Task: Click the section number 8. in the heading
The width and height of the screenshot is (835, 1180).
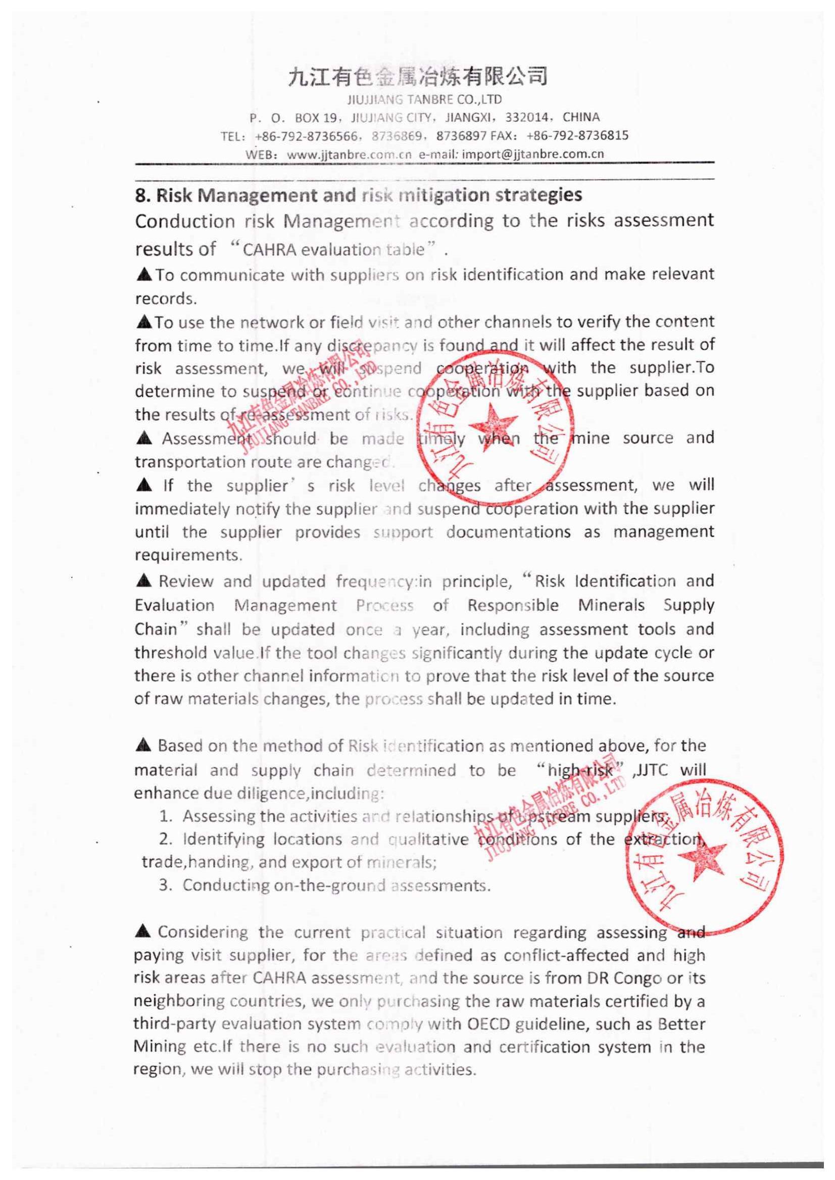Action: point(142,195)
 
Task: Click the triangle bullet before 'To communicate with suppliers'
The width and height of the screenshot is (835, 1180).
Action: point(144,275)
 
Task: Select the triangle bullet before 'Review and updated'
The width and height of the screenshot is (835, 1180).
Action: point(144,581)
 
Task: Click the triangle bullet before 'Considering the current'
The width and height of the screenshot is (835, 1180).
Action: point(144,932)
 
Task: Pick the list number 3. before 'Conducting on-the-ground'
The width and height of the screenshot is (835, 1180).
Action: point(165,886)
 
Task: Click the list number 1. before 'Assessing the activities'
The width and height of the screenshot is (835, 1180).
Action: point(165,816)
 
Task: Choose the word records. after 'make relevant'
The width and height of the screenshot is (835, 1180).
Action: point(166,299)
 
